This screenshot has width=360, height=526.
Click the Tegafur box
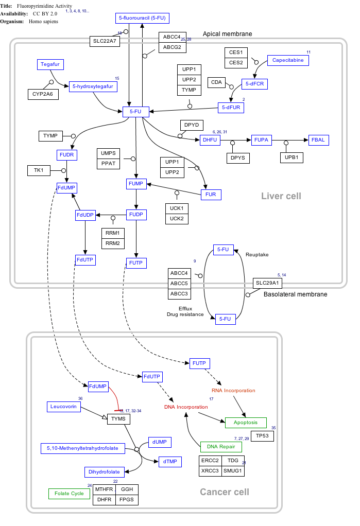pyautogui.click(x=49, y=64)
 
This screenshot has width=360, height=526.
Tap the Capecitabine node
pyautogui.click(x=288, y=60)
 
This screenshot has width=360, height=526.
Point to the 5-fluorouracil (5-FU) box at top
pyautogui.click(x=143, y=18)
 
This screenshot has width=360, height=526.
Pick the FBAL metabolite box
pyautogui.click(x=319, y=139)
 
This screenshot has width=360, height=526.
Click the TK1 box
pyautogui.click(x=39, y=170)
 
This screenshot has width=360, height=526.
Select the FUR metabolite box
pyautogui.click(x=211, y=195)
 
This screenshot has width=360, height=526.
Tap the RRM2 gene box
pyautogui.click(x=112, y=243)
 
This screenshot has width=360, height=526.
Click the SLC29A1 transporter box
pyautogui.click(x=267, y=283)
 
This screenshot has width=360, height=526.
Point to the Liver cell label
pyautogui.click(x=281, y=196)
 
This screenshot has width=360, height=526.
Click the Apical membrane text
pyautogui.click(x=227, y=34)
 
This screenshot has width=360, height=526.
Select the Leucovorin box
pyautogui.click(x=63, y=407)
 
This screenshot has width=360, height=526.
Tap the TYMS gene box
pyautogui.click(x=119, y=419)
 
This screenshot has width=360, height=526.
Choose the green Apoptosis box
pyautogui.click(x=246, y=423)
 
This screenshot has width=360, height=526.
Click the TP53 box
pyautogui.click(x=262, y=436)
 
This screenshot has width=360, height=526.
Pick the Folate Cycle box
pyautogui.click(x=70, y=494)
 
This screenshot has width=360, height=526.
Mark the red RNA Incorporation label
pyautogui.click(x=233, y=391)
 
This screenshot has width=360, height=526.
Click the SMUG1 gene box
pyautogui.click(x=233, y=470)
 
